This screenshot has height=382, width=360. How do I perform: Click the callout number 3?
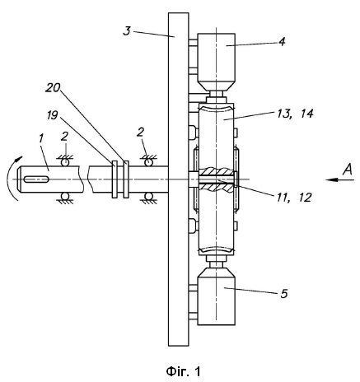click(127, 30)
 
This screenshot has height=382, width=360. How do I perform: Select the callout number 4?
click(282, 42)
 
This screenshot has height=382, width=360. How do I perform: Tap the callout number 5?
click(284, 294)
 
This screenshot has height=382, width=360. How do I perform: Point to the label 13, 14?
click(295, 114)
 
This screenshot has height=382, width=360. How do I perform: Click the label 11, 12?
click(294, 198)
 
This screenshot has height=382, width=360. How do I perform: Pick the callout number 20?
click(53, 88)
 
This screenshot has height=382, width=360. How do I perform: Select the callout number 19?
click(52, 115)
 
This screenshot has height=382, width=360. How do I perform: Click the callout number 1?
click(41, 138)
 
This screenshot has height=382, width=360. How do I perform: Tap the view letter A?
click(347, 170)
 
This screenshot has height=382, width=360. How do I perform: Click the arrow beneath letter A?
click(339, 180)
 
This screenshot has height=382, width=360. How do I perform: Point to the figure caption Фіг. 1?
click(183, 371)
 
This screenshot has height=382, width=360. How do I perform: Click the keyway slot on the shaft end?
click(36, 179)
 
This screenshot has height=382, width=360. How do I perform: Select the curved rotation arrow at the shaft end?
click(13, 177)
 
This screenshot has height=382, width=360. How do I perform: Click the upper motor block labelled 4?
click(217, 63)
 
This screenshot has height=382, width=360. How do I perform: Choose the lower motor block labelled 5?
click(217, 296)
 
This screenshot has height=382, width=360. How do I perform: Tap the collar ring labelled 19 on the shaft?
click(115, 179)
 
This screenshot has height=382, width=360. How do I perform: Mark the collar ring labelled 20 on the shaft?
click(126, 179)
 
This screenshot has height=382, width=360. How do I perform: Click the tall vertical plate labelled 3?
click(178, 179)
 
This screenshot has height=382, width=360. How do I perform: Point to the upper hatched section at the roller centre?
click(217, 171)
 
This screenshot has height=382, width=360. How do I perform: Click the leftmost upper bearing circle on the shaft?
click(65, 162)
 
